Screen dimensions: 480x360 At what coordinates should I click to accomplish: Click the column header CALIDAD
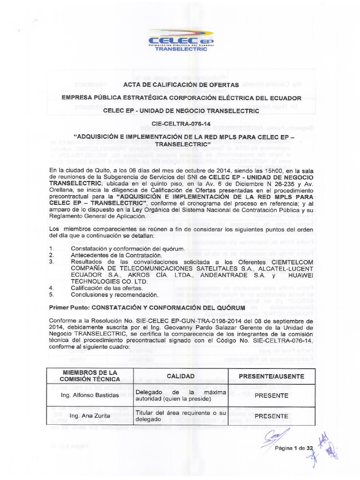[x=180, y=376]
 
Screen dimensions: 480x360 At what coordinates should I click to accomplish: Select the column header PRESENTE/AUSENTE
[x=271, y=376]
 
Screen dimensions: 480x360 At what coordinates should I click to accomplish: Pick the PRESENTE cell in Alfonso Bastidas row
[x=271, y=395]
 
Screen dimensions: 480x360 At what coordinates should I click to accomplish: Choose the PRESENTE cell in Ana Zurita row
[x=271, y=416]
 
